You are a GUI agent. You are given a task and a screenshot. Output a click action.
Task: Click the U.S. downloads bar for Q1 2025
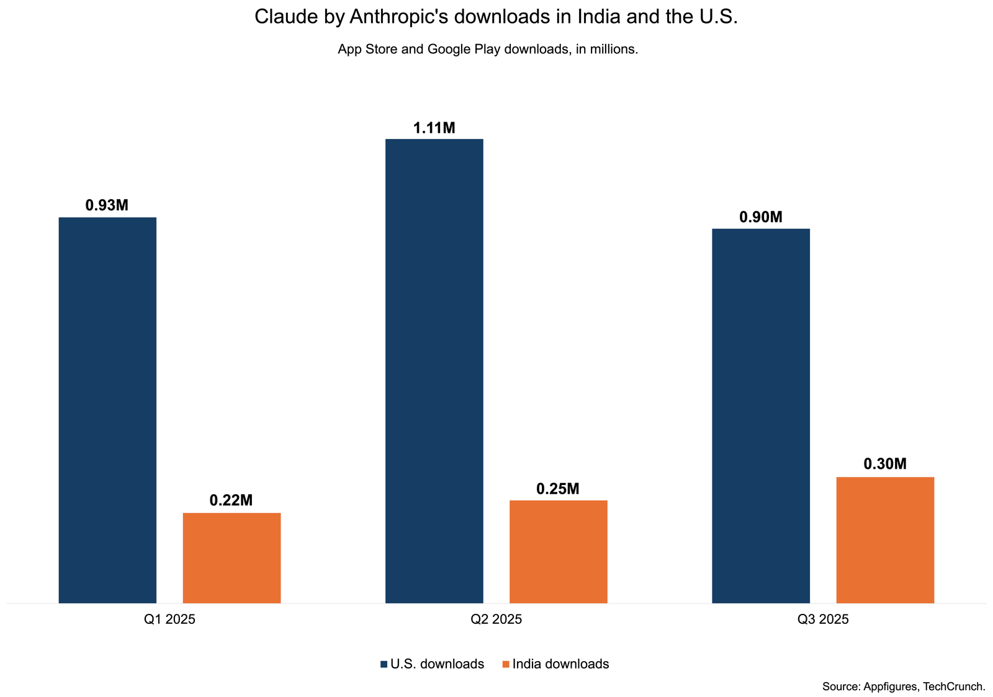tap(107, 410)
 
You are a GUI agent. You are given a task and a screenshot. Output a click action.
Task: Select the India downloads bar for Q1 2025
tap(231, 557)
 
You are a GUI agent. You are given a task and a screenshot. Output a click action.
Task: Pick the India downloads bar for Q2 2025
tap(558, 551)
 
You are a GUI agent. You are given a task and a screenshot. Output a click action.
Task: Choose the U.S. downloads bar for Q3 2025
tap(760, 415)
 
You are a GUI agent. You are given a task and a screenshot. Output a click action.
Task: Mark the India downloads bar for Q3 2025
tap(885, 539)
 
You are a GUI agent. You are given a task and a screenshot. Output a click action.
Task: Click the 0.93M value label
tap(107, 205)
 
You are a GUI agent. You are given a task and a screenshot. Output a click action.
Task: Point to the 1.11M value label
tap(434, 128)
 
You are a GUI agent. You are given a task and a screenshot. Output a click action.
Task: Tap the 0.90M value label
tap(761, 218)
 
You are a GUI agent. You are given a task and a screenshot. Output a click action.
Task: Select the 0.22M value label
tap(231, 501)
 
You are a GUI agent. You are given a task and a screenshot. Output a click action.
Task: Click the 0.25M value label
tap(557, 489)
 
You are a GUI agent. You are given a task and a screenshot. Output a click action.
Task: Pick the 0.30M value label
tap(885, 464)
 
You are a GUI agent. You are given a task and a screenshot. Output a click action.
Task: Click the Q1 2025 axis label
tap(169, 619)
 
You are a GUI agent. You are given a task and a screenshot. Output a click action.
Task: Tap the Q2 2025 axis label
tap(496, 619)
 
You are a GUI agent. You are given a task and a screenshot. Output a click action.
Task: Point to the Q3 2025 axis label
tap(823, 619)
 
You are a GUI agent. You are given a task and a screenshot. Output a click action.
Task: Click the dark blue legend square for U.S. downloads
tap(384, 665)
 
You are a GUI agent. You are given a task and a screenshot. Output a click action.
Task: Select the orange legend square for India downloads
tap(505, 665)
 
